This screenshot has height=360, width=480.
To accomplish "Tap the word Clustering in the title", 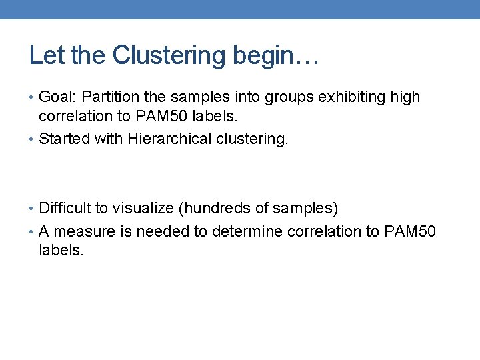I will [x=170, y=55].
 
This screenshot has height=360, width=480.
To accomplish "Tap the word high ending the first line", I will [x=405, y=97].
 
